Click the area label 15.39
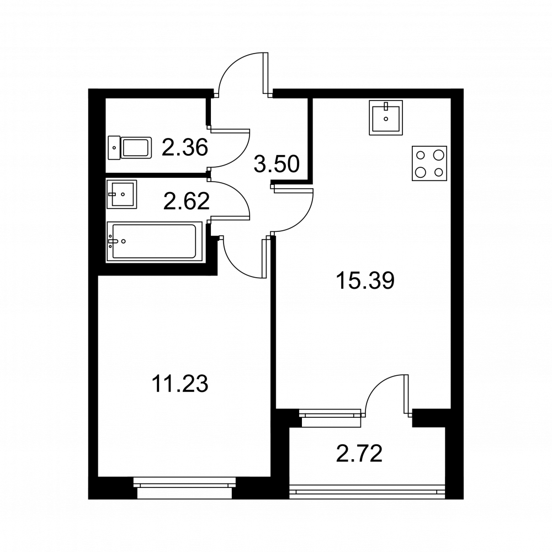tap(365, 280)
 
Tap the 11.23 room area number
tap(179, 384)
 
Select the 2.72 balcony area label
tap(359, 453)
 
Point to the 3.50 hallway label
tap(277, 164)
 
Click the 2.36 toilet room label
tap(185, 147)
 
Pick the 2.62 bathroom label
tap(186, 201)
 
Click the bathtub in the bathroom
tap(154, 242)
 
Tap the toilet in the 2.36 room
tap(130, 148)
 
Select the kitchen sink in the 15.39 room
tap(386, 118)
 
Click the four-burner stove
tap(429, 163)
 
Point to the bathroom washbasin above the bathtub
tap(121, 194)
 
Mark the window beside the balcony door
tap(330, 418)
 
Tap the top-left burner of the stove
tap(420, 155)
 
